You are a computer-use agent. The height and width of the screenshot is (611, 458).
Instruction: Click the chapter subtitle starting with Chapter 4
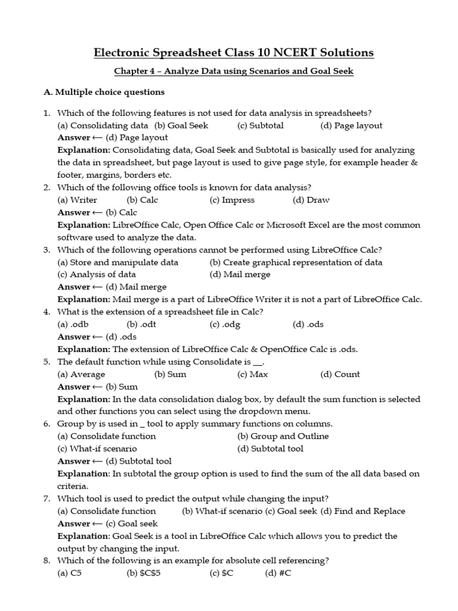click(x=234, y=72)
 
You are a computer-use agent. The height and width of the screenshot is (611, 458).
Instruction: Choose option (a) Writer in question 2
click(x=77, y=200)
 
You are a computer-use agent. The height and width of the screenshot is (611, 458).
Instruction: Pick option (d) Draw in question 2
click(x=311, y=200)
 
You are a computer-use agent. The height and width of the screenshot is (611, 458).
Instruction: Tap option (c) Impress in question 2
click(x=232, y=200)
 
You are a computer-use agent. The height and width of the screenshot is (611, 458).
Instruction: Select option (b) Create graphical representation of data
click(x=296, y=262)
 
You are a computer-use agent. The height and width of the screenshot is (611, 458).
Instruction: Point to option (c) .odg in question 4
click(x=225, y=325)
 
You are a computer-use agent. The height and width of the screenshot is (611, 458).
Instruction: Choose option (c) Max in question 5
click(x=252, y=374)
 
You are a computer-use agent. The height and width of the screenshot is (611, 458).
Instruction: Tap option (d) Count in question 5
click(x=340, y=374)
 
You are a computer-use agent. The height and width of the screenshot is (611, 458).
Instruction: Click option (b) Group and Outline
click(x=283, y=436)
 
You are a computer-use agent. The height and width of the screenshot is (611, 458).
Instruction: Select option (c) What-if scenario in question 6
click(x=97, y=449)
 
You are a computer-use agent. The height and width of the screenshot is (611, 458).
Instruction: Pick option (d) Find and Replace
click(x=363, y=511)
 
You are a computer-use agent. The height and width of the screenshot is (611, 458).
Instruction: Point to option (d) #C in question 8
click(x=277, y=573)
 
